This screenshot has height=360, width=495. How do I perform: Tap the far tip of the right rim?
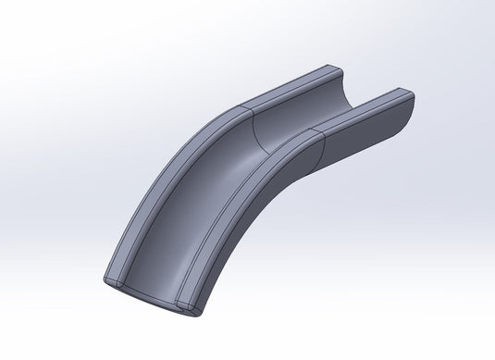point(405,93)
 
